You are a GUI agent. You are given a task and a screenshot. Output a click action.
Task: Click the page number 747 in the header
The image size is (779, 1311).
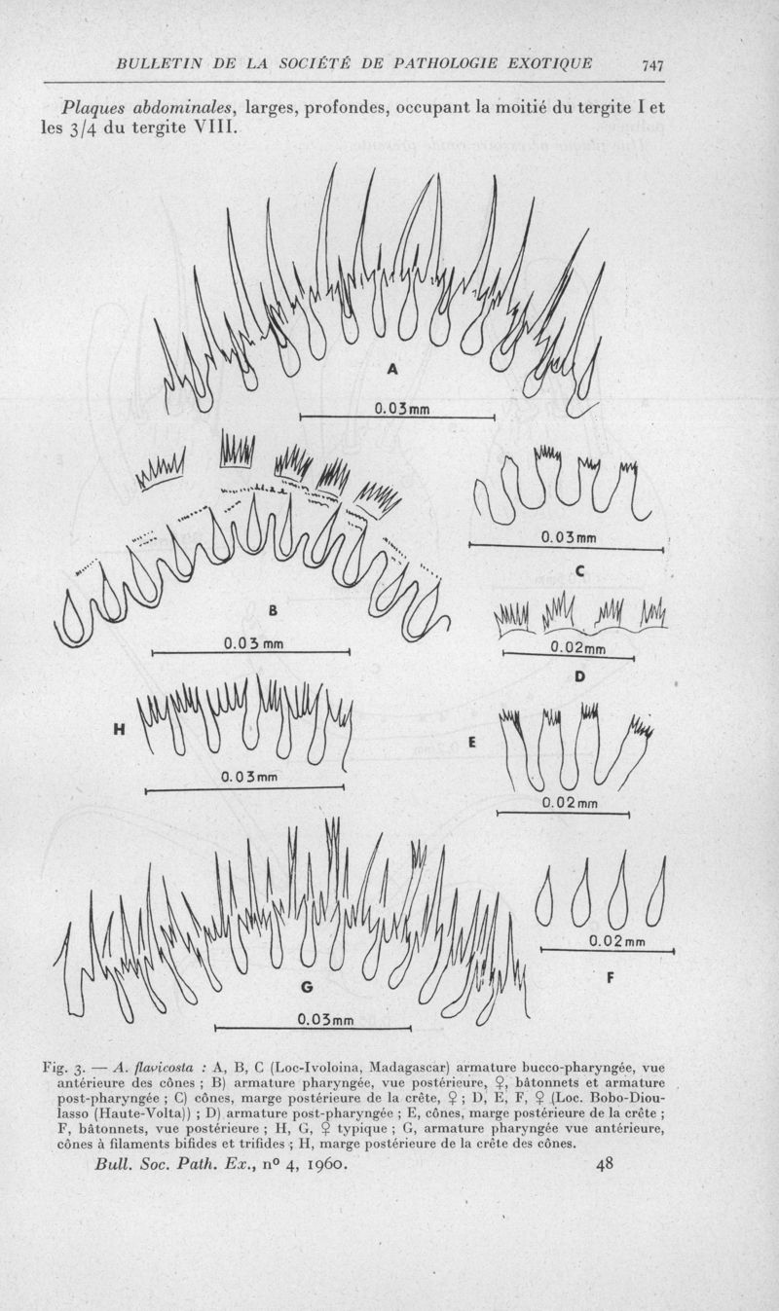[x=652, y=64]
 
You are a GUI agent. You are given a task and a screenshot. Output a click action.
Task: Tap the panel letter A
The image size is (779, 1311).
[x=392, y=369]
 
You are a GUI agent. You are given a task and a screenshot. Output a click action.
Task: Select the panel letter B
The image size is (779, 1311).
[x=273, y=611]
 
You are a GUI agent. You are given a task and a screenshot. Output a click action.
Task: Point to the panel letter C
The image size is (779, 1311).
[x=578, y=571]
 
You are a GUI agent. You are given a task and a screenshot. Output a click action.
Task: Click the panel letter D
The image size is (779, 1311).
[x=579, y=676]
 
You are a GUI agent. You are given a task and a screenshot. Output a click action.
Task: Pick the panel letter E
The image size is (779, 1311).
[x=472, y=743]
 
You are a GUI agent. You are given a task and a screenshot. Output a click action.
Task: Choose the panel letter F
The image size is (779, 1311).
[x=611, y=977]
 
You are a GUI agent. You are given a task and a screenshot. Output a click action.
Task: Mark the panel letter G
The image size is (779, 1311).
[x=307, y=987]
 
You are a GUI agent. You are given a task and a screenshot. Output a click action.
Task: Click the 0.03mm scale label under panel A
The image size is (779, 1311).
[x=402, y=408]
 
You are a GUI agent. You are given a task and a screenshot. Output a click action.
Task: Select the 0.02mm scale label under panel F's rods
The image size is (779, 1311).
[x=616, y=942]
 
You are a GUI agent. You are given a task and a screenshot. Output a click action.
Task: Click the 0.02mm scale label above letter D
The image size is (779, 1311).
[x=578, y=648]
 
